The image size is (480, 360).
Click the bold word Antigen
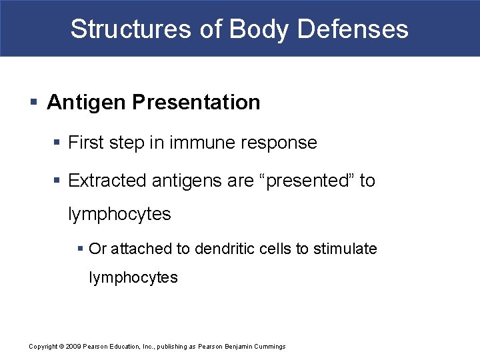[87, 103]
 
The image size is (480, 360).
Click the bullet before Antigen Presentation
[33, 103]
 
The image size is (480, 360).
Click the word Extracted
[108, 181]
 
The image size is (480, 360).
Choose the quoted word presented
[307, 181]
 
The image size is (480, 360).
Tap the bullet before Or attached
[81, 249]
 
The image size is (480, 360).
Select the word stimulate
[345, 249]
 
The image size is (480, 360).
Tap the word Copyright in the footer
[43, 347]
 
